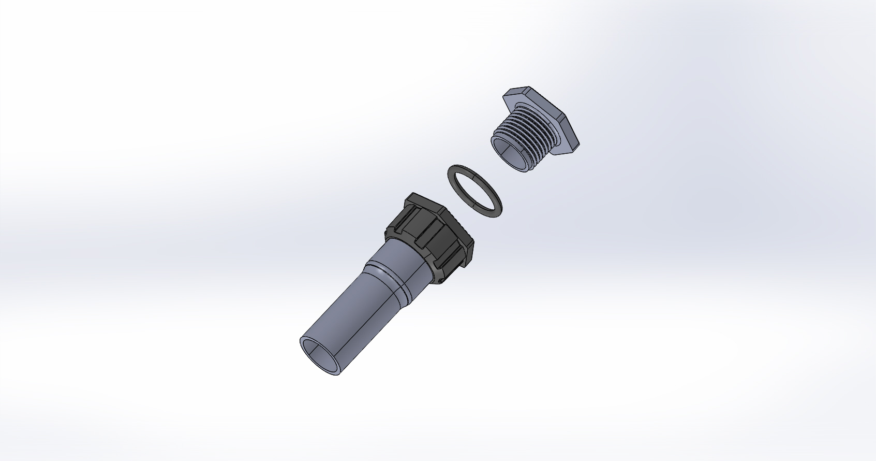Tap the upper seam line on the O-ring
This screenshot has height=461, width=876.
tap(463, 168)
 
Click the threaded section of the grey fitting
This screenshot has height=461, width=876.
tap(523, 140)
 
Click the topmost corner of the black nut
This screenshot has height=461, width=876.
tap(414, 194)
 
